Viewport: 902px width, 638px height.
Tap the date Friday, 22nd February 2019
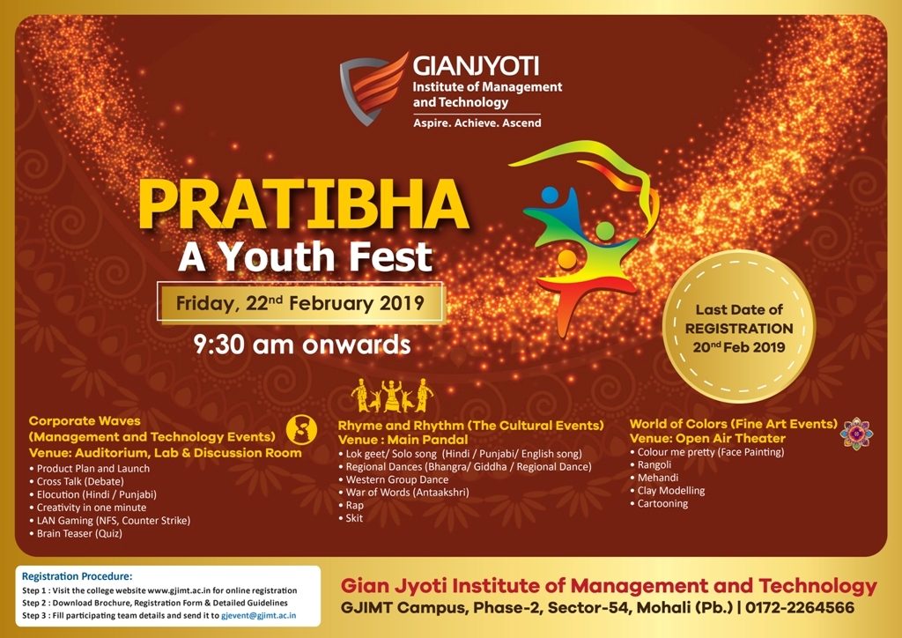point(300,303)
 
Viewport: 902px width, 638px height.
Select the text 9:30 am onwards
point(302,345)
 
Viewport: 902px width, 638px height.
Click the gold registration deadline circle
point(739,327)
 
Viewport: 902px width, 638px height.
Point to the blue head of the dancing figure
point(550,195)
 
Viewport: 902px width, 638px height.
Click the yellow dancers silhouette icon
point(392,396)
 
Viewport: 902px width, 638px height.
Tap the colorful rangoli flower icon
point(856,434)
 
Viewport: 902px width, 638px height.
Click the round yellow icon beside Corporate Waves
point(301,429)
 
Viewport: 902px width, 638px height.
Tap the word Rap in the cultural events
point(354,505)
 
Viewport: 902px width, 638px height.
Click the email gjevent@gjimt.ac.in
point(259,615)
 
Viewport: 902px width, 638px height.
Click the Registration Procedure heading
point(78,576)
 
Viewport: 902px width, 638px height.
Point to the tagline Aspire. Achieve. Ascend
point(477,122)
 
